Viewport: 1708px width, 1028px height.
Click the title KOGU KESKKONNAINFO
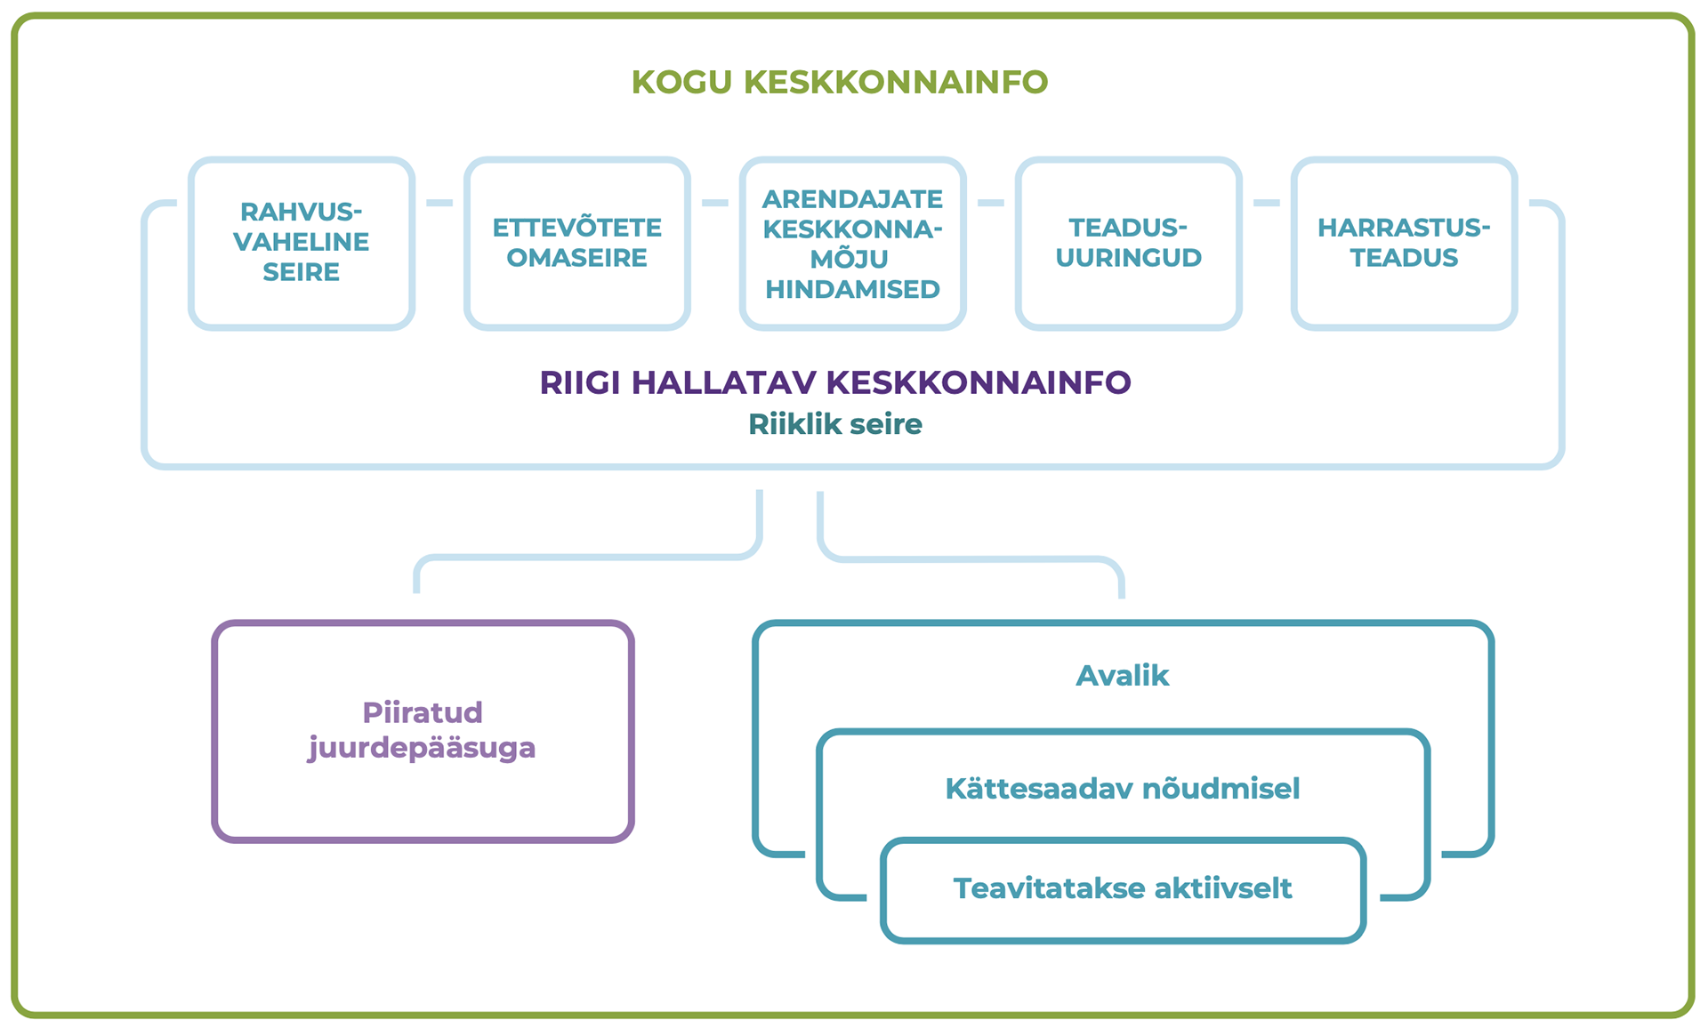click(840, 82)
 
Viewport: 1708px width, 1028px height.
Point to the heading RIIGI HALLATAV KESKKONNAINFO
click(835, 382)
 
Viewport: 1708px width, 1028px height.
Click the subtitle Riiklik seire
click(835, 424)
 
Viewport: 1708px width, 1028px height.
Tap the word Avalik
click(1123, 676)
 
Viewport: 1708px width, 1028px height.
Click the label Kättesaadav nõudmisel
click(1123, 789)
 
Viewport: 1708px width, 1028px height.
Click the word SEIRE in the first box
click(302, 272)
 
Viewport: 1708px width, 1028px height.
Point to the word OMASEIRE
click(577, 258)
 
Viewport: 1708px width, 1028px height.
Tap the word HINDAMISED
click(853, 289)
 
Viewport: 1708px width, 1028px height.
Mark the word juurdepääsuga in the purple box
click(423, 748)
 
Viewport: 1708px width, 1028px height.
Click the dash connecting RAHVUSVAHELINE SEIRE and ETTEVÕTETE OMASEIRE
click(439, 203)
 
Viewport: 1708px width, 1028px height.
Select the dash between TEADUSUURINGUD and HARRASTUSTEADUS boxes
click(1267, 203)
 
